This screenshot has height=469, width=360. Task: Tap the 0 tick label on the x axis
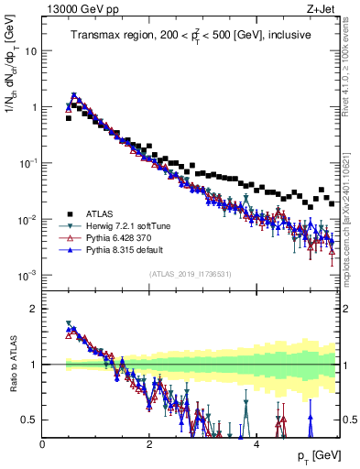pyautogui.click(x=42, y=444)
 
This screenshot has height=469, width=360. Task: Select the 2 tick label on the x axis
pyautogui.click(x=149, y=444)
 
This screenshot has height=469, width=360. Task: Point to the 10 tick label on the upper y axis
pyautogui.click(x=30, y=51)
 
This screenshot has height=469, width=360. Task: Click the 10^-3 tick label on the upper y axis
pyautogui.click(x=27, y=276)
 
